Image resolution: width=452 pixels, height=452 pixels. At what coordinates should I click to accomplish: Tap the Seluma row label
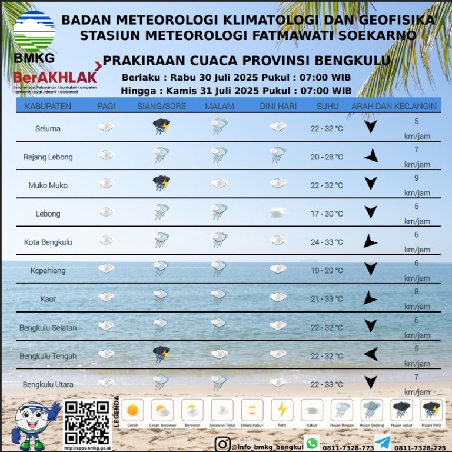[x=48, y=128]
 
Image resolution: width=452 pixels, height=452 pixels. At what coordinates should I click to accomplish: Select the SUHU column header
[x=327, y=106]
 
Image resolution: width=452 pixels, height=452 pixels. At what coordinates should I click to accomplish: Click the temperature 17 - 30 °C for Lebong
[x=327, y=214]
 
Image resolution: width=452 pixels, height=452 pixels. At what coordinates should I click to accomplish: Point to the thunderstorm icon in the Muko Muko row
[x=161, y=183]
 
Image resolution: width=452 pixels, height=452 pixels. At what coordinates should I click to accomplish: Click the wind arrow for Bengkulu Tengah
[x=370, y=354]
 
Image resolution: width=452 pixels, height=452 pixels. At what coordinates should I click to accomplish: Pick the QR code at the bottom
[x=87, y=423]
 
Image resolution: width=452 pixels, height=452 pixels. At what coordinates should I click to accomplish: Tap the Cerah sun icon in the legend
[x=132, y=410]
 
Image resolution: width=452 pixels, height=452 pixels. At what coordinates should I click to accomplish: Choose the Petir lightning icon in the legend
[x=282, y=410]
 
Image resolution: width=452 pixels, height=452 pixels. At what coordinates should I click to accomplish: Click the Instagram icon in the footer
[x=222, y=444]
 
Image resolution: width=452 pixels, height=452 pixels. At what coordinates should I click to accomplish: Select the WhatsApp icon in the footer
[x=312, y=443]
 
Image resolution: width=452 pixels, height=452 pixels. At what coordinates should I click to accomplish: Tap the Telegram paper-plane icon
[x=383, y=443]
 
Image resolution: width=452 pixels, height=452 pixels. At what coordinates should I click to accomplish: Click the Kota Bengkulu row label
[x=48, y=242]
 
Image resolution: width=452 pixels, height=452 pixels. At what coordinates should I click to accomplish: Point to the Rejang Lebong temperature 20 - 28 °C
[x=327, y=157]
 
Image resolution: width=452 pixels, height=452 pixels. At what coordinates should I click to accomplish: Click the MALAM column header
[x=220, y=106]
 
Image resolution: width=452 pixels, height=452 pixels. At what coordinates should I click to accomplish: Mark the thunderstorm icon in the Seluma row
[x=161, y=126]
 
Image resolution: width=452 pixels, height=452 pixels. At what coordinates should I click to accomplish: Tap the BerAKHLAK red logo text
[x=55, y=78]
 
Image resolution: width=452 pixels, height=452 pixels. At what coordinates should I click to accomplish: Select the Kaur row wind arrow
[x=370, y=298]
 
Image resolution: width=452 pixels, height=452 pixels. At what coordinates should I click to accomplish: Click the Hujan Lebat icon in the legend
[x=402, y=410]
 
